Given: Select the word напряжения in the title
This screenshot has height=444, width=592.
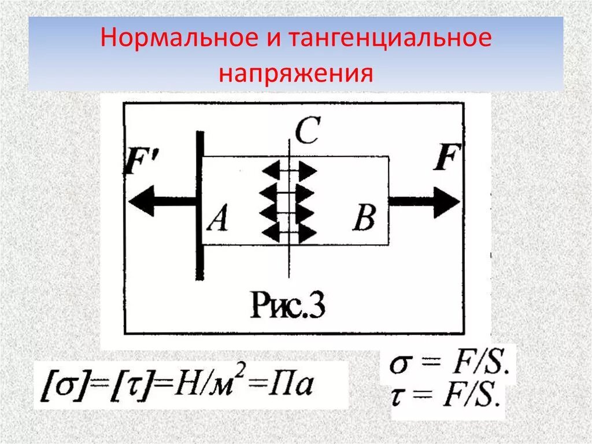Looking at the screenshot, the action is tap(295, 74).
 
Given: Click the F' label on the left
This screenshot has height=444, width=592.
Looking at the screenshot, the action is tap(138, 163).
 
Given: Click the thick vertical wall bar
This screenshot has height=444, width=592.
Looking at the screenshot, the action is tap(199, 206).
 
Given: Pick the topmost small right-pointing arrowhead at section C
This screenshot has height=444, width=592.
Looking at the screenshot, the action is tap(307, 171).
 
